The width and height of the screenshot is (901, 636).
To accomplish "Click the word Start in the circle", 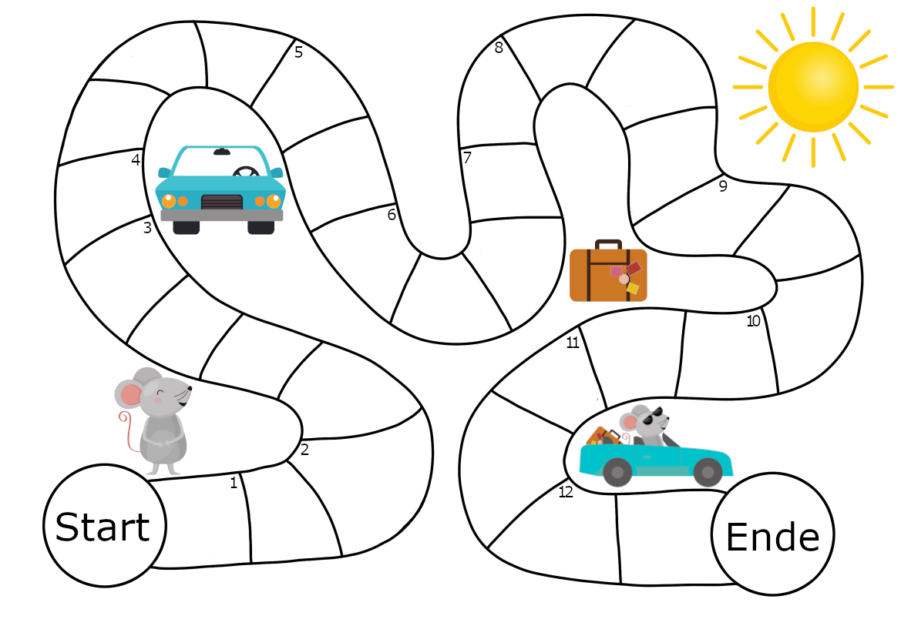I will pyautogui.click(x=103, y=527).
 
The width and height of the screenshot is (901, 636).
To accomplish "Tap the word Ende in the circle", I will pyautogui.click(x=772, y=537).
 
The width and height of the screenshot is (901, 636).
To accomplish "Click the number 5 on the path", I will pyautogui.click(x=298, y=52).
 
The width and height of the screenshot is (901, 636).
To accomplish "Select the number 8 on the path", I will pyautogui.click(x=499, y=48).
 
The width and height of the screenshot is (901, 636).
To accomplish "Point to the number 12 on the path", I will pyautogui.click(x=566, y=492).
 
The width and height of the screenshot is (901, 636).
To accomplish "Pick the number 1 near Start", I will pyautogui.click(x=234, y=483).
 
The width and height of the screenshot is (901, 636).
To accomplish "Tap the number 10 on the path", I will pyautogui.click(x=753, y=321).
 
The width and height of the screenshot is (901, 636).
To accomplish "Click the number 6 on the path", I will pyautogui.click(x=392, y=215).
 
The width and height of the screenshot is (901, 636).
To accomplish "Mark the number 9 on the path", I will pyautogui.click(x=723, y=186).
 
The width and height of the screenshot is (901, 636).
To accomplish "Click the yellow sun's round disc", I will pyautogui.click(x=813, y=86).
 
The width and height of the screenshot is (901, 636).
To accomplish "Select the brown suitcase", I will pyautogui.click(x=608, y=275).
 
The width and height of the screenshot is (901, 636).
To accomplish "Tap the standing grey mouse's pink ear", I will pyautogui.click(x=131, y=395).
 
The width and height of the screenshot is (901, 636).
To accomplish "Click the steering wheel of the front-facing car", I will pyautogui.click(x=247, y=172).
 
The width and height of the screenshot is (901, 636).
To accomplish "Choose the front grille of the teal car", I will pyautogui.click(x=222, y=202).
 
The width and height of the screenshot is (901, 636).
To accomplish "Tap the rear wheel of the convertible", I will pyautogui.click(x=617, y=471).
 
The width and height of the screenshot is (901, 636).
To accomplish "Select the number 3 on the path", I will pyautogui.click(x=147, y=228).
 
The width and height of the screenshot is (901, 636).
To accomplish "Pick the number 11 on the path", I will pyautogui.click(x=572, y=343).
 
